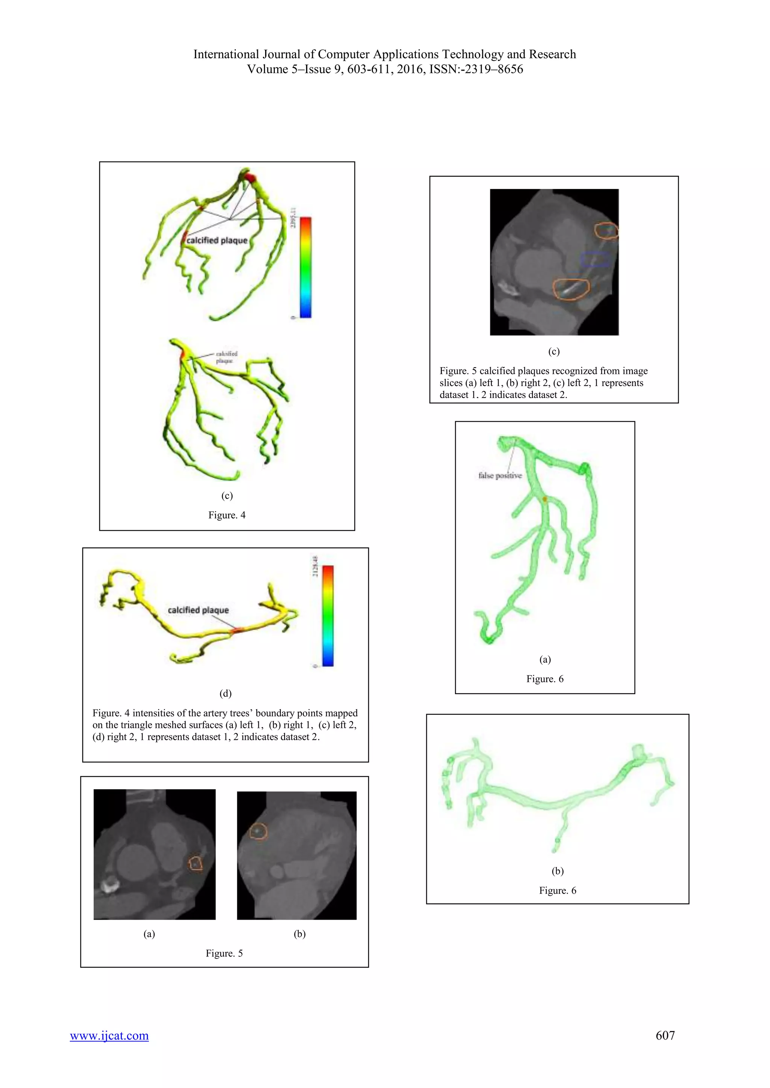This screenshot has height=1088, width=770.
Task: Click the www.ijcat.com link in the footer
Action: coord(109,1035)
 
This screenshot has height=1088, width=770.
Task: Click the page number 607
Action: coord(665,1035)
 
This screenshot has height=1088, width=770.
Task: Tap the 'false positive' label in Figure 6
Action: coord(500,475)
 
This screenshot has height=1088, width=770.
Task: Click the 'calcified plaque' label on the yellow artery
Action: coord(198,610)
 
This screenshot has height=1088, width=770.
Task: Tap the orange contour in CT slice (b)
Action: coord(258,831)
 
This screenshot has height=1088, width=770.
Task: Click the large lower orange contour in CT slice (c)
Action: coord(571,289)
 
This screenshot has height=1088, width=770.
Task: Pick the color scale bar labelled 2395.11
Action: coord(306,267)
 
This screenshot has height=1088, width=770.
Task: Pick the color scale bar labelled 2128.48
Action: coord(328,616)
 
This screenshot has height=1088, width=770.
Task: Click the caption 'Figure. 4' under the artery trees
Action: coord(227,515)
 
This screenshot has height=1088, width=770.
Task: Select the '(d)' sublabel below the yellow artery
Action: coord(225,693)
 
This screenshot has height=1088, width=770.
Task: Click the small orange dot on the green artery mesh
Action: coord(545,499)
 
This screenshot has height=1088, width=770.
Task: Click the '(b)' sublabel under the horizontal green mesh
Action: coord(557,871)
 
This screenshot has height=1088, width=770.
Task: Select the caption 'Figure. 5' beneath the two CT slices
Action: coord(224,953)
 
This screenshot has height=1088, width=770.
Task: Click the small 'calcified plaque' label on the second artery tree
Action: coord(226,357)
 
